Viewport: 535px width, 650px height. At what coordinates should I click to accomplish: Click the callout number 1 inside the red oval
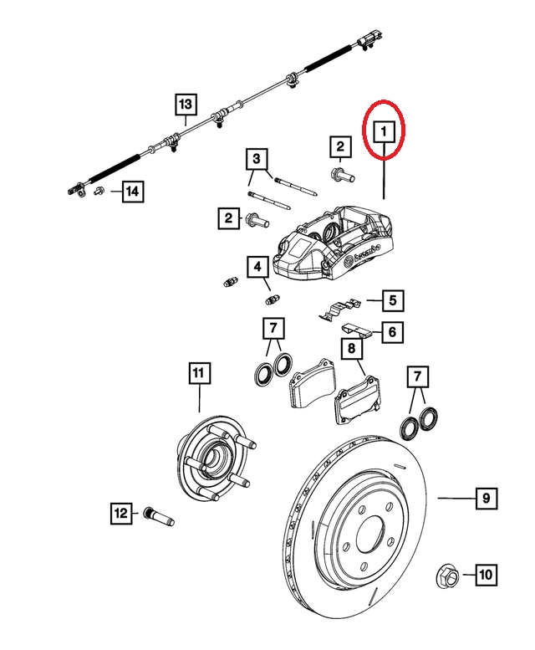coord(384,132)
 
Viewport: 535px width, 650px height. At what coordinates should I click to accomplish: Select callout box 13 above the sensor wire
coord(185,105)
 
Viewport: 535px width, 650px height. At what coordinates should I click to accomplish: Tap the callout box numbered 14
coord(131,193)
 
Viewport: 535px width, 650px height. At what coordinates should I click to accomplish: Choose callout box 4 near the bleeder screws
coord(257,268)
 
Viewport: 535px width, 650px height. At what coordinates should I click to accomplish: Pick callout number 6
coord(391,332)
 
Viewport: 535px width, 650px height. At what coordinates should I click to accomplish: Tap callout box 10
coord(486,575)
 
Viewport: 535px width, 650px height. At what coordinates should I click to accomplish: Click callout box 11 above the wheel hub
coord(197,373)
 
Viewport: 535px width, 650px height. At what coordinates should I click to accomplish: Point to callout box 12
coord(121,511)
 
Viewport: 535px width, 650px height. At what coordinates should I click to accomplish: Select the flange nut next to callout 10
coord(446,576)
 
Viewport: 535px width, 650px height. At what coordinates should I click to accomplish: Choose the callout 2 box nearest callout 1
coord(340,148)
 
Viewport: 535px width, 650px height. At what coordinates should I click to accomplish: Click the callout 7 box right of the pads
coord(417,377)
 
